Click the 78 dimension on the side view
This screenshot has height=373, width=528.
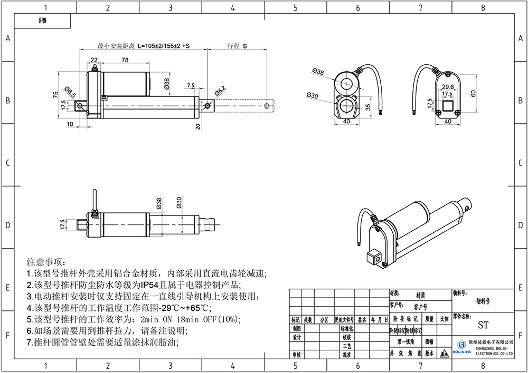pos(125,60)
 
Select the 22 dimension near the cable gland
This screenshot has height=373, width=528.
pos(94,60)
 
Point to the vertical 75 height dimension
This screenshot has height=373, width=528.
pos(55,94)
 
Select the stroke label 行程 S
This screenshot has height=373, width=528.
pos(238,46)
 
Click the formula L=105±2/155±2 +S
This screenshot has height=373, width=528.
pos(164,46)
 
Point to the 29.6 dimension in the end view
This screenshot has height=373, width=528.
pos(448,87)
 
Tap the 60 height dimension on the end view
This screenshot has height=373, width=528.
pos(473,93)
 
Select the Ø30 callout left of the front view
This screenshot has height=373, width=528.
pos(312,95)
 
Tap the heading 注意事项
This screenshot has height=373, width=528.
pos(45,262)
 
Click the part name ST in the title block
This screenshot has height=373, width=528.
pos(483,325)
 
